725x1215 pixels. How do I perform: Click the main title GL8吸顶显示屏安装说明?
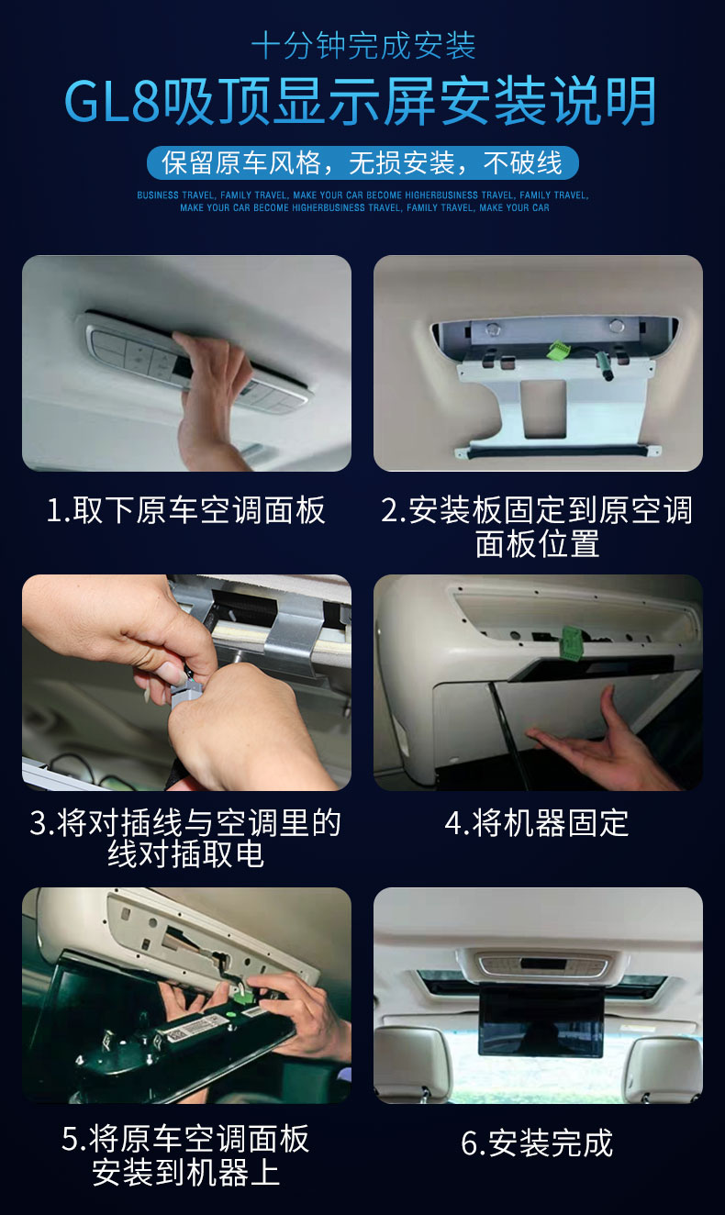click(361, 101)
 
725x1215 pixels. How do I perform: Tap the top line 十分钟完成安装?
click(363, 45)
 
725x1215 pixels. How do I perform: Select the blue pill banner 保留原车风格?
click(362, 162)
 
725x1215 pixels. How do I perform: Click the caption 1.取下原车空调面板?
click(186, 510)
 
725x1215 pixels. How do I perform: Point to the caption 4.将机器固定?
click(537, 823)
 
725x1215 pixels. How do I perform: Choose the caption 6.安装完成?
click(537, 1143)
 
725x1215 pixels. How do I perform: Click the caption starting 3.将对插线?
click(185, 839)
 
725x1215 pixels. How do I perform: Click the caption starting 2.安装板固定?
click(537, 526)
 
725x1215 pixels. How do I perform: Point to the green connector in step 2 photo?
click(557, 350)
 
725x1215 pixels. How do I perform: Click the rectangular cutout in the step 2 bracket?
click(542, 408)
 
